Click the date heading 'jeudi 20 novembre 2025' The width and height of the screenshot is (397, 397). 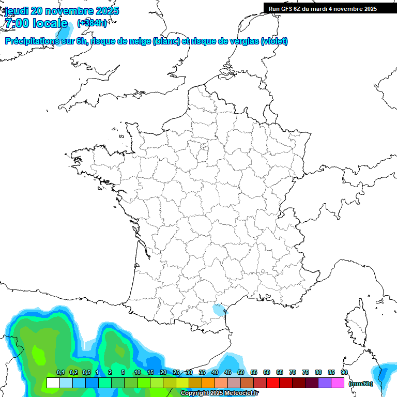(62, 11)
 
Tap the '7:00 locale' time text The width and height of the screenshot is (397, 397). (36, 23)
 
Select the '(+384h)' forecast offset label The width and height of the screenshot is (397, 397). (91, 23)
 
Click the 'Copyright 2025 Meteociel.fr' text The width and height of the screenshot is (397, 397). (219, 393)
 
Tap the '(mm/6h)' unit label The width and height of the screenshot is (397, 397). (361, 384)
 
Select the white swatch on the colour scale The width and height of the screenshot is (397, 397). (53, 383)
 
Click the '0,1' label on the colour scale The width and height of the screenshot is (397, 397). (60, 373)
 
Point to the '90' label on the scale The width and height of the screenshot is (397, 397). (344, 373)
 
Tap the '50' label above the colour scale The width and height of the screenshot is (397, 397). (241, 373)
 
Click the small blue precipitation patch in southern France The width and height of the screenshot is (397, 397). (219, 310)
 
